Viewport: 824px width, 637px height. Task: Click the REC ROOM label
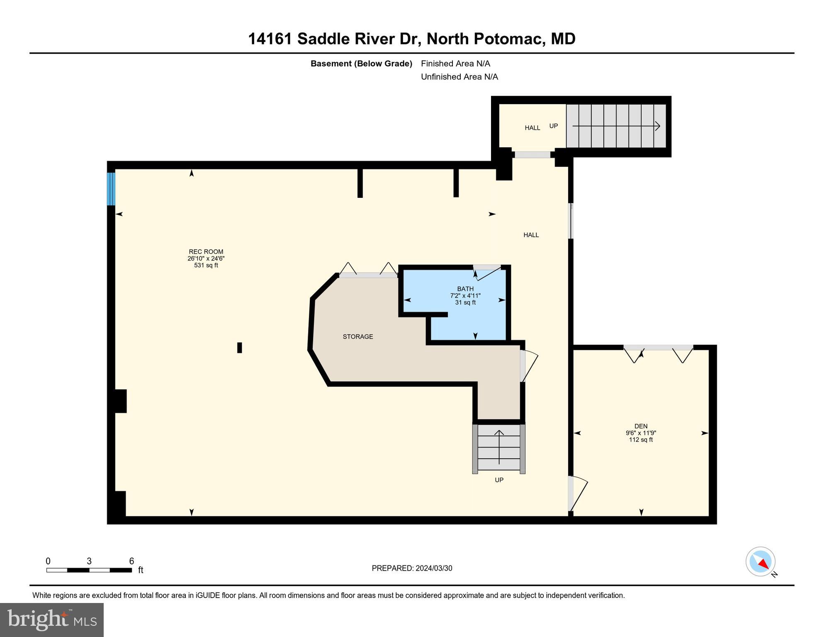[x=206, y=252]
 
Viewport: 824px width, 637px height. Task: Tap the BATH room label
[x=465, y=289]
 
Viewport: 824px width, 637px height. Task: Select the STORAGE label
[x=358, y=337]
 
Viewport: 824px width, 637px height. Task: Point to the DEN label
[x=641, y=426]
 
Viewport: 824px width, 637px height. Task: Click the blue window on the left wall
[x=111, y=189]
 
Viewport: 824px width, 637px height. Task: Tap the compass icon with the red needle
[x=761, y=562]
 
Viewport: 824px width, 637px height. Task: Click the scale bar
[x=89, y=570]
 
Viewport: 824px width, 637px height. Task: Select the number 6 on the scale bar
[x=131, y=561]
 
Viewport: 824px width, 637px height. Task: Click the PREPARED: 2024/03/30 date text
[x=412, y=568]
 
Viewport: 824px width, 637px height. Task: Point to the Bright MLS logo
[x=52, y=620]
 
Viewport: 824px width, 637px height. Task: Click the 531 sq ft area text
[x=206, y=265]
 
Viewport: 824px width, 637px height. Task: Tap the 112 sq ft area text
[x=641, y=440]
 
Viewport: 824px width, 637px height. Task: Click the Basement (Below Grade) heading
[x=361, y=63]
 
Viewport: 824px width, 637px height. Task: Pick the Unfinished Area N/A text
[x=459, y=77]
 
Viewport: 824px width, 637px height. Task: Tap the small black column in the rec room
[x=239, y=348]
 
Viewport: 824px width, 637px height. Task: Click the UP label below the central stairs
[x=499, y=480]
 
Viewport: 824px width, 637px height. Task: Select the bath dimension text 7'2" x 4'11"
[x=465, y=296]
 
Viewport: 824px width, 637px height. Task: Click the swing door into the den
[x=577, y=494]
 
